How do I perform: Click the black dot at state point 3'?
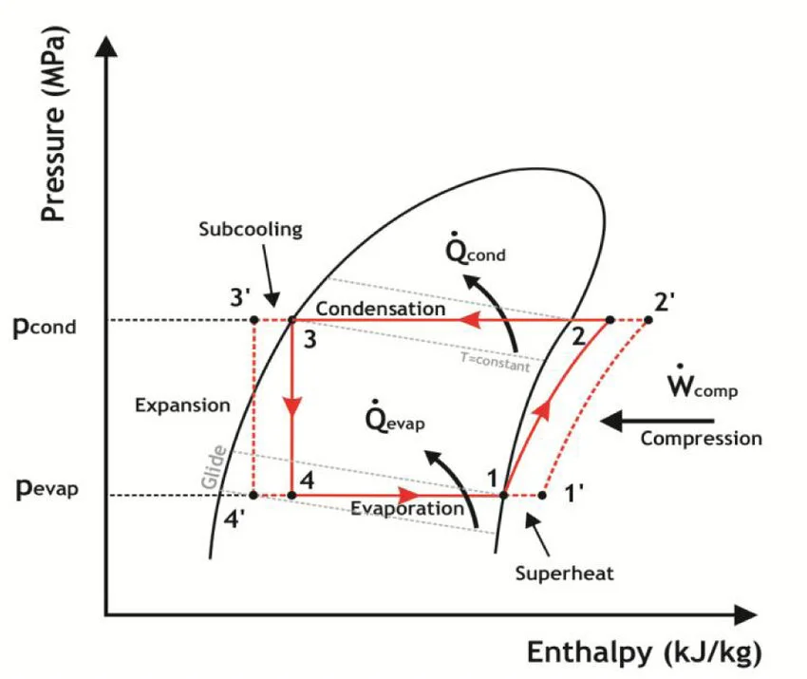(x=253, y=320)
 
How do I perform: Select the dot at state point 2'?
(x=648, y=320)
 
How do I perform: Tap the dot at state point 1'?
(x=542, y=495)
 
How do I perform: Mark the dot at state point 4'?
(x=253, y=495)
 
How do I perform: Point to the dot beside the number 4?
(x=291, y=495)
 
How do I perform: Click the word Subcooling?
(x=251, y=230)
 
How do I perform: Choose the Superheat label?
(x=565, y=574)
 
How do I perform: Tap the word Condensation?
(x=381, y=309)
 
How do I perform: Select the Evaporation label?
(x=407, y=509)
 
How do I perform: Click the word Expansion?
(x=182, y=406)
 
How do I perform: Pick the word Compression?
(x=701, y=439)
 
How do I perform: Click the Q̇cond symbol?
(x=475, y=250)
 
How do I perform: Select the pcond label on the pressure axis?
(x=45, y=327)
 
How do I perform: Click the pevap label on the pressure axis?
(x=47, y=487)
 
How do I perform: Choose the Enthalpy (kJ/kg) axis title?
(x=645, y=652)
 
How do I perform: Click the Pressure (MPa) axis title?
(x=53, y=123)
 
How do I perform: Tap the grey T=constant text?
(x=495, y=362)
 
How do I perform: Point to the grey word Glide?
(x=214, y=467)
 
